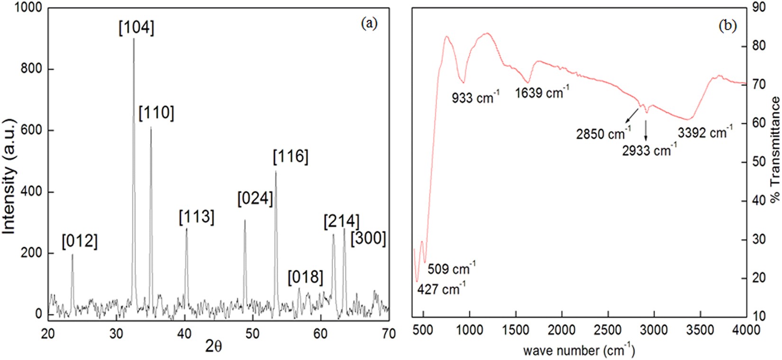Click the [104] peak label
click(x=136, y=28)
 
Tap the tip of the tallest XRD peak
click(x=134, y=39)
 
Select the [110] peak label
click(x=156, y=113)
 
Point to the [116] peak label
click(x=291, y=157)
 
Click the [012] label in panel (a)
click(x=80, y=242)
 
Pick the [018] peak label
click(x=305, y=277)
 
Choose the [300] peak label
click(x=368, y=238)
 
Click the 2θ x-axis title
click(x=213, y=347)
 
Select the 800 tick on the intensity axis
click(x=32, y=69)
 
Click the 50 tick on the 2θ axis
click(x=252, y=333)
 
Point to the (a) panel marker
click(x=369, y=24)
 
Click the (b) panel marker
click(x=727, y=26)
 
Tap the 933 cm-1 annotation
click(x=475, y=98)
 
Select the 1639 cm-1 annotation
click(x=542, y=92)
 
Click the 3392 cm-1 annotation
click(x=705, y=132)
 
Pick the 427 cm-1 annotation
click(x=441, y=288)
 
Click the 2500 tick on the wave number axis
click(x=608, y=330)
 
